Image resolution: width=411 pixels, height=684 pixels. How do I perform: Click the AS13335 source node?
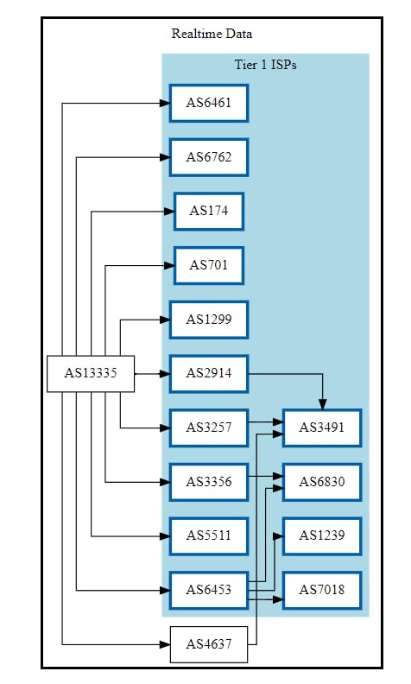[x=91, y=373]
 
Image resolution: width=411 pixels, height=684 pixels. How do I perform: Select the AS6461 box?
[x=209, y=103]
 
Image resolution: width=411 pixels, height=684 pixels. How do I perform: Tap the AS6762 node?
[x=209, y=157]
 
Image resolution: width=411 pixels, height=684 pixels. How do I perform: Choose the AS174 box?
[x=209, y=211]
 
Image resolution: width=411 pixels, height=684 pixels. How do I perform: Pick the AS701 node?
[x=209, y=265]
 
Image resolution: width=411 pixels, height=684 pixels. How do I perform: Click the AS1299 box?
[x=209, y=320]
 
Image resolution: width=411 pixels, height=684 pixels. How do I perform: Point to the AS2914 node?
[x=209, y=373]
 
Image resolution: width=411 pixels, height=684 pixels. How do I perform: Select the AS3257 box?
[x=209, y=427]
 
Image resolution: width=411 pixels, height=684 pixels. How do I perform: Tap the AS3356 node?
[x=209, y=482]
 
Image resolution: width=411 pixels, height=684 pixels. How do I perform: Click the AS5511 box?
[x=209, y=535]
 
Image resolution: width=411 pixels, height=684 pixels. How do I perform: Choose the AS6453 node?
[x=209, y=590]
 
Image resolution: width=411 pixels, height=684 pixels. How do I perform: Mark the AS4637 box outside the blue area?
[x=209, y=644]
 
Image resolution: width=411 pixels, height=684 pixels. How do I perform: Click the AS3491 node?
[x=322, y=427]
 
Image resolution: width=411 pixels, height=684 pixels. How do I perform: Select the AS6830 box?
[x=322, y=482]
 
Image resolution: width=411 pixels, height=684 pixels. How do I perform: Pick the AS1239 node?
[x=322, y=535]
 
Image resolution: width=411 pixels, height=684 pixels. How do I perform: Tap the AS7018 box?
[x=322, y=590]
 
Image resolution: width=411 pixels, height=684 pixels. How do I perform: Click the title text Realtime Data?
[x=212, y=34]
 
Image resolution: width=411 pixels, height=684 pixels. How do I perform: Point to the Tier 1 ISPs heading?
[x=266, y=65]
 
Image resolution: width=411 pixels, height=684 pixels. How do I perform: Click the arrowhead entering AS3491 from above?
[x=322, y=404]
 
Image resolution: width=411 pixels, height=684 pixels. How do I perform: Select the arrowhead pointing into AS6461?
[x=165, y=103]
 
